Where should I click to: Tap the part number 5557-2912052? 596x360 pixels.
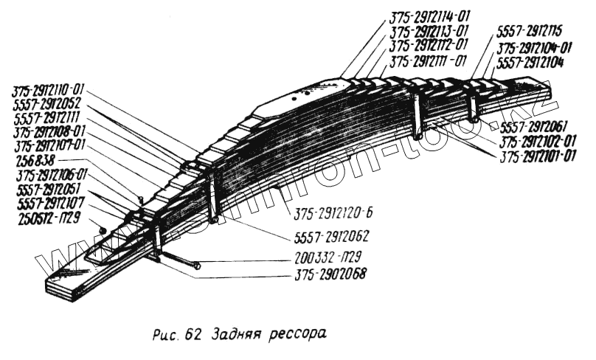(46, 104)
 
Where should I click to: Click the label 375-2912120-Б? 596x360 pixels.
(332, 216)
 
